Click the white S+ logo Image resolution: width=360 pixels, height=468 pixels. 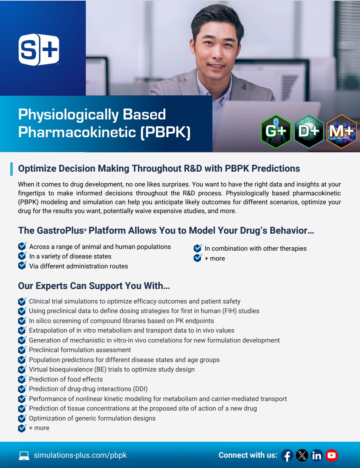coord(39,50)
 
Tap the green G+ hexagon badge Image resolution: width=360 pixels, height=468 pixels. coord(276,132)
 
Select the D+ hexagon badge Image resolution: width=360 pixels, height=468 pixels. coord(309,132)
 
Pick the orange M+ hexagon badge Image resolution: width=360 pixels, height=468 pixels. coord(341,132)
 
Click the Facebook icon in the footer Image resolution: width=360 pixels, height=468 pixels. coord(287,455)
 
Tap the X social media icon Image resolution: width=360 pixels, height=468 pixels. coord(302,455)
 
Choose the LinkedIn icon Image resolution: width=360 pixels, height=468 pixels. coord(317,455)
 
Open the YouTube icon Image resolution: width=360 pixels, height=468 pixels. coord(332,455)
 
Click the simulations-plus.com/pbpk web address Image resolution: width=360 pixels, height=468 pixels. coord(80,455)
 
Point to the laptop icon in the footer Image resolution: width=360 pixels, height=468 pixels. coord(24,456)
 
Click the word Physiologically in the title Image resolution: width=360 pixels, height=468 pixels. coord(68,115)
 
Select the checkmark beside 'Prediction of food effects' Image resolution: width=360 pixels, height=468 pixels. coord(22,379)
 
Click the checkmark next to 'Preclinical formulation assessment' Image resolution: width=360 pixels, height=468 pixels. coord(22,350)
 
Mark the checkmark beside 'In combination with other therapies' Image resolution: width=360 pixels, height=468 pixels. coord(198,248)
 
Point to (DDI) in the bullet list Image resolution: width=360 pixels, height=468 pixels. coord(140,389)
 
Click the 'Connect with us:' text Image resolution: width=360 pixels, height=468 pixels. coord(248,455)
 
